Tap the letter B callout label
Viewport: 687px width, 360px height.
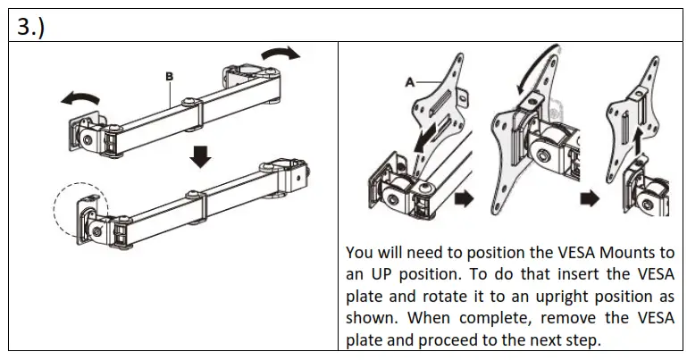pos(168,78)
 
